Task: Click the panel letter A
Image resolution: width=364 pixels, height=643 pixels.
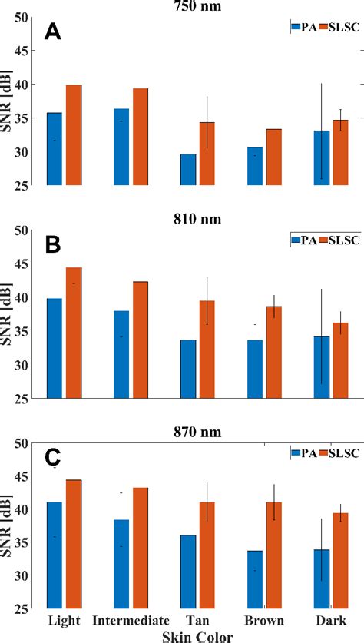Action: click(53, 31)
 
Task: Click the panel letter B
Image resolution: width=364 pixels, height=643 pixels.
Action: click(53, 244)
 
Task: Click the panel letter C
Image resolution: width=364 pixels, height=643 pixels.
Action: click(53, 457)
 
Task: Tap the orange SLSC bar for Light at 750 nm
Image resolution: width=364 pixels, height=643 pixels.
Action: click(74, 135)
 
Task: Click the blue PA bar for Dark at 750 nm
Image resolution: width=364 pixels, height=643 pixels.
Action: click(322, 158)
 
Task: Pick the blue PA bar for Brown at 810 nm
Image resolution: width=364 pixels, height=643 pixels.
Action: click(255, 370)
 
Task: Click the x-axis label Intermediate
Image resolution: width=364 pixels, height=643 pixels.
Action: click(128, 620)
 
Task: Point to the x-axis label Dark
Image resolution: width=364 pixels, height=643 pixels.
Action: click(331, 620)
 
